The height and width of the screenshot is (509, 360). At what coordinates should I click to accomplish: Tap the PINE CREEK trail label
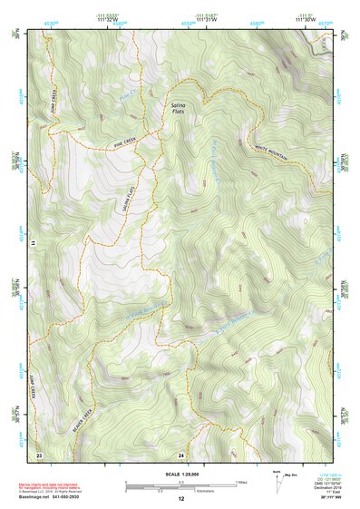pos(130,142)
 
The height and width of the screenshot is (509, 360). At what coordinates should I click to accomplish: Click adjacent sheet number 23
pos(39,453)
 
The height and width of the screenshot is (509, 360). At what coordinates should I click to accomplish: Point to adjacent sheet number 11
pos(33,244)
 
